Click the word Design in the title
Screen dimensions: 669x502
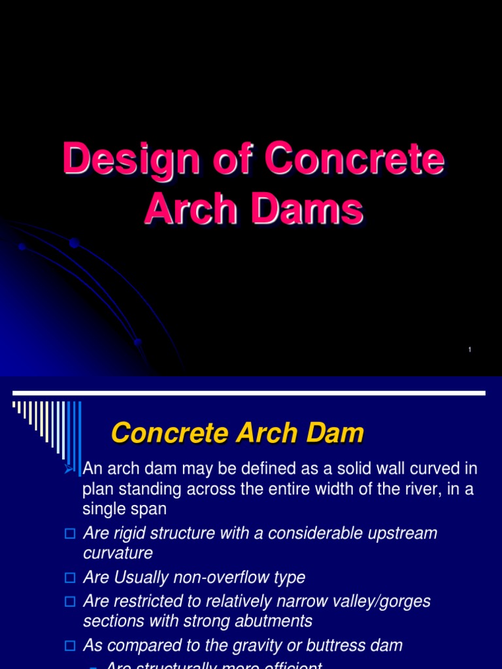(110, 160)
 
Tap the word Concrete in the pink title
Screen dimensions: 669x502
(355, 160)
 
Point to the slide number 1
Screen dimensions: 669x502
(469, 351)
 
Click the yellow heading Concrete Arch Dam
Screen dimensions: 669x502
(237, 433)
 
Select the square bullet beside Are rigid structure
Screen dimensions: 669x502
(71, 534)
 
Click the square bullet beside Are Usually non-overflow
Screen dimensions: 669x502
(71, 578)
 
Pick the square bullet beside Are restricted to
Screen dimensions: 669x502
(71, 601)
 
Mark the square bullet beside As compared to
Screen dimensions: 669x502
(71, 646)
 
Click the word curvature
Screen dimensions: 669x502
(118, 554)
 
